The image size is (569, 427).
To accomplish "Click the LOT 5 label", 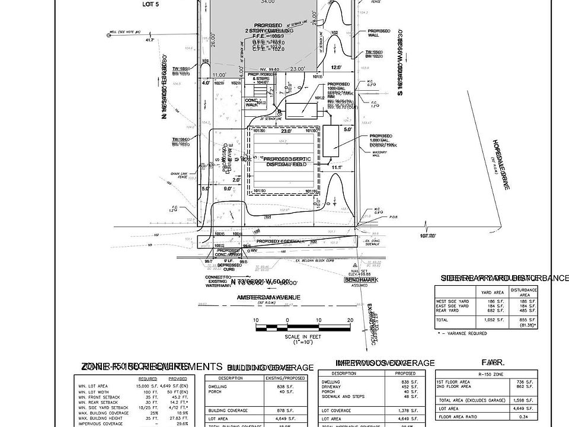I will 152,4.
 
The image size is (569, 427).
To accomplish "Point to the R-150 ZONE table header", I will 493,375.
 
